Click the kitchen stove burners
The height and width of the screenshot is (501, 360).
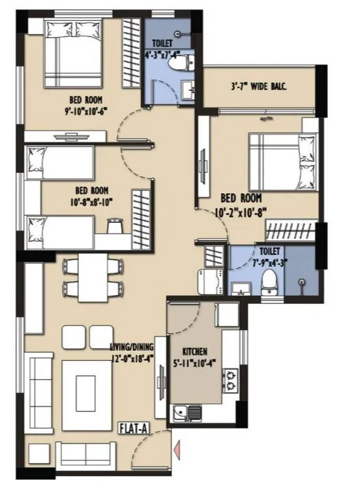tap(230, 381)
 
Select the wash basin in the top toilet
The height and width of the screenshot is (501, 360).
tap(188, 89)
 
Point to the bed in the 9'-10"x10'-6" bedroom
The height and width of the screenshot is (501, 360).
tap(72, 53)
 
